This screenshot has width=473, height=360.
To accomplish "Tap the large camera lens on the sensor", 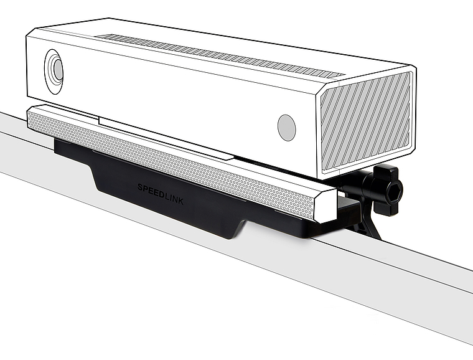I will [54, 70].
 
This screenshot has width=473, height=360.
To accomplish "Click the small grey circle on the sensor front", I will [286, 127].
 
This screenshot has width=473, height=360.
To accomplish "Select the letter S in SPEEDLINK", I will [140, 186].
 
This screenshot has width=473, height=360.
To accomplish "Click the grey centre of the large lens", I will [58, 70].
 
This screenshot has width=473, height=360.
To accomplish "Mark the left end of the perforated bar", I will [31, 119].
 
